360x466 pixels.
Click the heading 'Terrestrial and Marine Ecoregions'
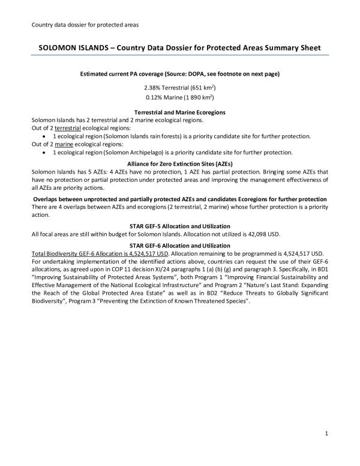click(x=180, y=112)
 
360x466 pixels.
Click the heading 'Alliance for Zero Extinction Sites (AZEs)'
click(x=180, y=163)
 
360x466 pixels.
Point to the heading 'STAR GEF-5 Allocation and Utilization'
click(x=180, y=225)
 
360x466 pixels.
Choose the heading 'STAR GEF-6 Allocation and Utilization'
click(x=180, y=245)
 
